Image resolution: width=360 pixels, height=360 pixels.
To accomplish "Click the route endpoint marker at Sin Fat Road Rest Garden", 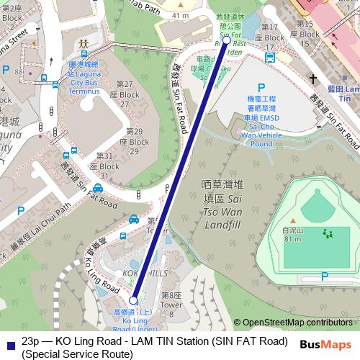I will (227, 40).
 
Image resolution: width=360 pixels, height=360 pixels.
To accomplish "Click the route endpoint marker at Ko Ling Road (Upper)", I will (134, 300).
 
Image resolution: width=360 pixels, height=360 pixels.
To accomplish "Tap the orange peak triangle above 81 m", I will (293, 220).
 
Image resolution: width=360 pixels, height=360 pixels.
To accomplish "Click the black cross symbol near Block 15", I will (313, 77).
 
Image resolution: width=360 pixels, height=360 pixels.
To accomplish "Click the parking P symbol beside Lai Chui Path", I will (21, 212).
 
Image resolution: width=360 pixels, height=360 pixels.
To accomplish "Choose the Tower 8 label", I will (172, 300).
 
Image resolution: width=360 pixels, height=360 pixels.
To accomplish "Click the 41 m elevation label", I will (181, 15).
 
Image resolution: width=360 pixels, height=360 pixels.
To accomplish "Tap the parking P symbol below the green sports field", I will (325, 276).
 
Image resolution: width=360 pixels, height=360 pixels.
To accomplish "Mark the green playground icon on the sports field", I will (328, 233).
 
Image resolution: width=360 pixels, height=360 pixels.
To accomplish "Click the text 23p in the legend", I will (30, 340).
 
